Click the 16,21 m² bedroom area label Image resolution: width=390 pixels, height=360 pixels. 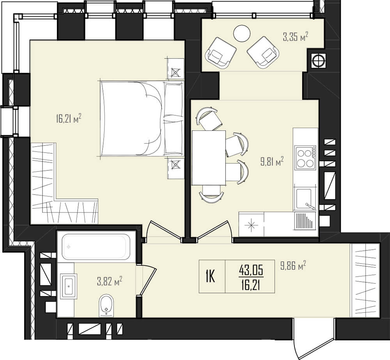click(x=69, y=119)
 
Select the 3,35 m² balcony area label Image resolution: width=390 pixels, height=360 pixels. click(x=296, y=37)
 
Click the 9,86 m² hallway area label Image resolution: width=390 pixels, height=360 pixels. click(x=293, y=266)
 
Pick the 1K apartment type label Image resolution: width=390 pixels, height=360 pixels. click(x=210, y=277)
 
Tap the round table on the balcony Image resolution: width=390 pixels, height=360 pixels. click(x=242, y=34)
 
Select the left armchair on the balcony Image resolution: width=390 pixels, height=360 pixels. click(x=220, y=53)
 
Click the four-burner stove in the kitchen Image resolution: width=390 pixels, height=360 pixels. click(x=305, y=157)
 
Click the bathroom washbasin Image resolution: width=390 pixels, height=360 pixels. click(x=69, y=286)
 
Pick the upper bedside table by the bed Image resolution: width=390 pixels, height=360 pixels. click(x=175, y=68)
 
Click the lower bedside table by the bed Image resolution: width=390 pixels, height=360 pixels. click(x=175, y=168)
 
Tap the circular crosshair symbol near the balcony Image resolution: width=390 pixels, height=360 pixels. click(x=318, y=60)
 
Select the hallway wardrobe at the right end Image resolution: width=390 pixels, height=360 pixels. click(x=365, y=281)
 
